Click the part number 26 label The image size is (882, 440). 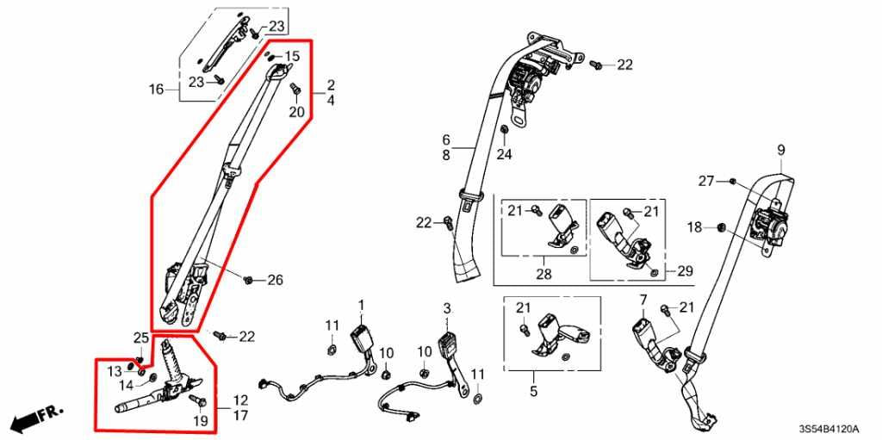275,280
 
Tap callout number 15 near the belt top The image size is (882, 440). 293,57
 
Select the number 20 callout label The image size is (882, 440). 296,112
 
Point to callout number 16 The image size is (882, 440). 156,90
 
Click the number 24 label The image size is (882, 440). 504,155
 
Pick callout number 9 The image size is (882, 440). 781,151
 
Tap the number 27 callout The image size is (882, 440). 706,181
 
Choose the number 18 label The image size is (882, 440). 695,227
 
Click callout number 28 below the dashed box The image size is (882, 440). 544,274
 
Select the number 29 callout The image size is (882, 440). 685,271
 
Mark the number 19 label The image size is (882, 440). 200,422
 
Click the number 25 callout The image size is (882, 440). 140,337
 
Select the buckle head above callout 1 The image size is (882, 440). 360,336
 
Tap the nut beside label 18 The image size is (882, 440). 722,227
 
